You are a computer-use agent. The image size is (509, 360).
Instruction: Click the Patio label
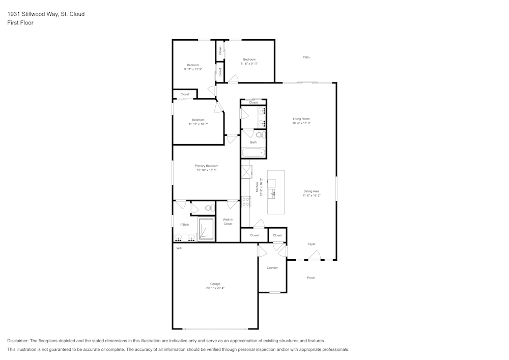pos(306,57)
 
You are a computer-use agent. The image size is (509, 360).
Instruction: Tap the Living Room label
pos(301,119)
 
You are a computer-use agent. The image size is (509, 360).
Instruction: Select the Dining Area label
pos(312,191)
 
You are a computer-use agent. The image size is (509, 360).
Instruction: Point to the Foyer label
pos(312,244)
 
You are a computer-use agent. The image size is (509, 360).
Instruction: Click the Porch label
pos(311,278)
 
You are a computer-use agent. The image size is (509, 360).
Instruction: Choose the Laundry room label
pos(272,268)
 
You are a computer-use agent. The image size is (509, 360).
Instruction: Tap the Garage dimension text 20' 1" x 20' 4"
pos(215,288)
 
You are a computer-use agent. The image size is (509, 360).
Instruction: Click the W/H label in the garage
pos(179,248)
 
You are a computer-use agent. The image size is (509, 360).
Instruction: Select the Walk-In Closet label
pos(228,221)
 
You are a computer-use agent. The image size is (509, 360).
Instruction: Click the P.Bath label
pos(185,225)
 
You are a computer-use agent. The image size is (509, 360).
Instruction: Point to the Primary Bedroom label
pos(207,166)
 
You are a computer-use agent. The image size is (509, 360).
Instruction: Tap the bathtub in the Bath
pos(253,153)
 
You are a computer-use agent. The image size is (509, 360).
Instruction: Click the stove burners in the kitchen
pos(246,202)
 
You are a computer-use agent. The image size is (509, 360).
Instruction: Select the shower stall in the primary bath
pos(206,229)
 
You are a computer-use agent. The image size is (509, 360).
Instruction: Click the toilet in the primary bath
pos(209,208)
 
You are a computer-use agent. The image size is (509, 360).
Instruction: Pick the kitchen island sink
pos(272,193)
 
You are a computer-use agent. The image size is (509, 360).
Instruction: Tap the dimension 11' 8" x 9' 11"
pos(249,64)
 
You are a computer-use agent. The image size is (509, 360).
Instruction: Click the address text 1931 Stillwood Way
pos(31,14)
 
